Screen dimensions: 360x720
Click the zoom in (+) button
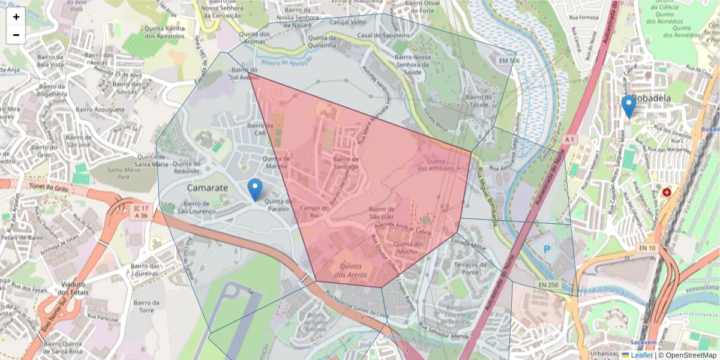point(16,17)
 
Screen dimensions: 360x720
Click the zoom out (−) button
point(16,35)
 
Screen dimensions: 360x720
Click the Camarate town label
point(208,188)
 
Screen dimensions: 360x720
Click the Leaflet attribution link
point(641,355)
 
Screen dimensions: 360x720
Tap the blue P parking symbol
point(547,248)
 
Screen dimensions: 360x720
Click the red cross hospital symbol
point(667,193)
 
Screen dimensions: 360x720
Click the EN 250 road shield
point(548,284)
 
